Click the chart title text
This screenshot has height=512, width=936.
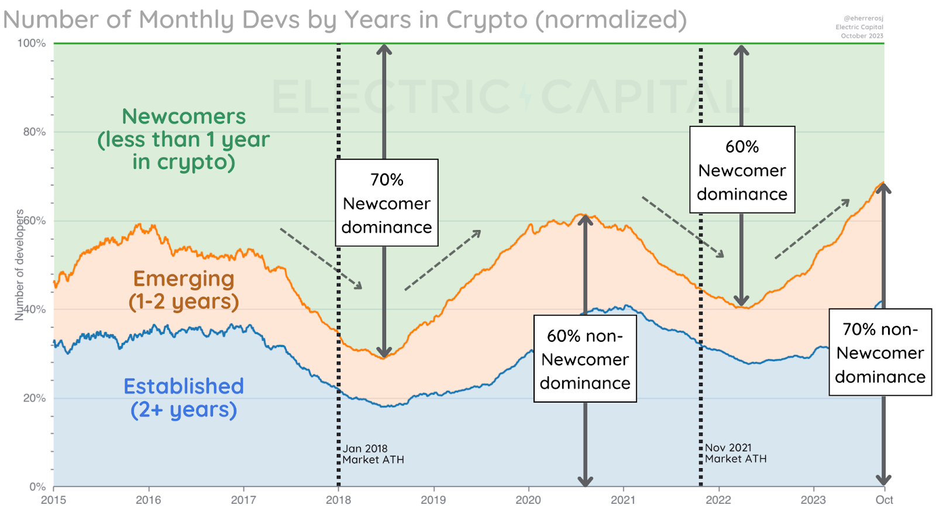point(345,20)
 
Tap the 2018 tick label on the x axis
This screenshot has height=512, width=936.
point(338,500)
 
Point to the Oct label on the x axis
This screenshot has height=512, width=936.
point(884,500)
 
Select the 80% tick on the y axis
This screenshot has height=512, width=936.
point(35,132)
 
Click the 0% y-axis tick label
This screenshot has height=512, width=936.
point(37,486)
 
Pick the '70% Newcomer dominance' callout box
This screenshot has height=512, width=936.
point(387,202)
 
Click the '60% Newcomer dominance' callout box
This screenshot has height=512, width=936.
point(742,170)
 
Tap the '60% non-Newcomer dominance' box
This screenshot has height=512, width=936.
point(585,359)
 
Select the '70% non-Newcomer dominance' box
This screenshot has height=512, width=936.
point(880,352)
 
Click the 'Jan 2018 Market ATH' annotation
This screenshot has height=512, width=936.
point(373,454)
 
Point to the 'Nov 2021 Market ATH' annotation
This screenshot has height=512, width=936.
point(735,453)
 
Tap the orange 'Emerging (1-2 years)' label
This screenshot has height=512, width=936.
point(184,290)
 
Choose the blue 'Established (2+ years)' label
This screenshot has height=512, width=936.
point(184,397)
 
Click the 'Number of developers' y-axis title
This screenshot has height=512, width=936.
point(19,264)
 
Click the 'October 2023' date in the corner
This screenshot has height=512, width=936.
point(862,36)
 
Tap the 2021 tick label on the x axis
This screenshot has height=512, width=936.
point(623,500)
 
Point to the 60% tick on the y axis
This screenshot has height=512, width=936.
point(35,221)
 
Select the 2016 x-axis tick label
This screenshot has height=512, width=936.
point(149,500)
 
